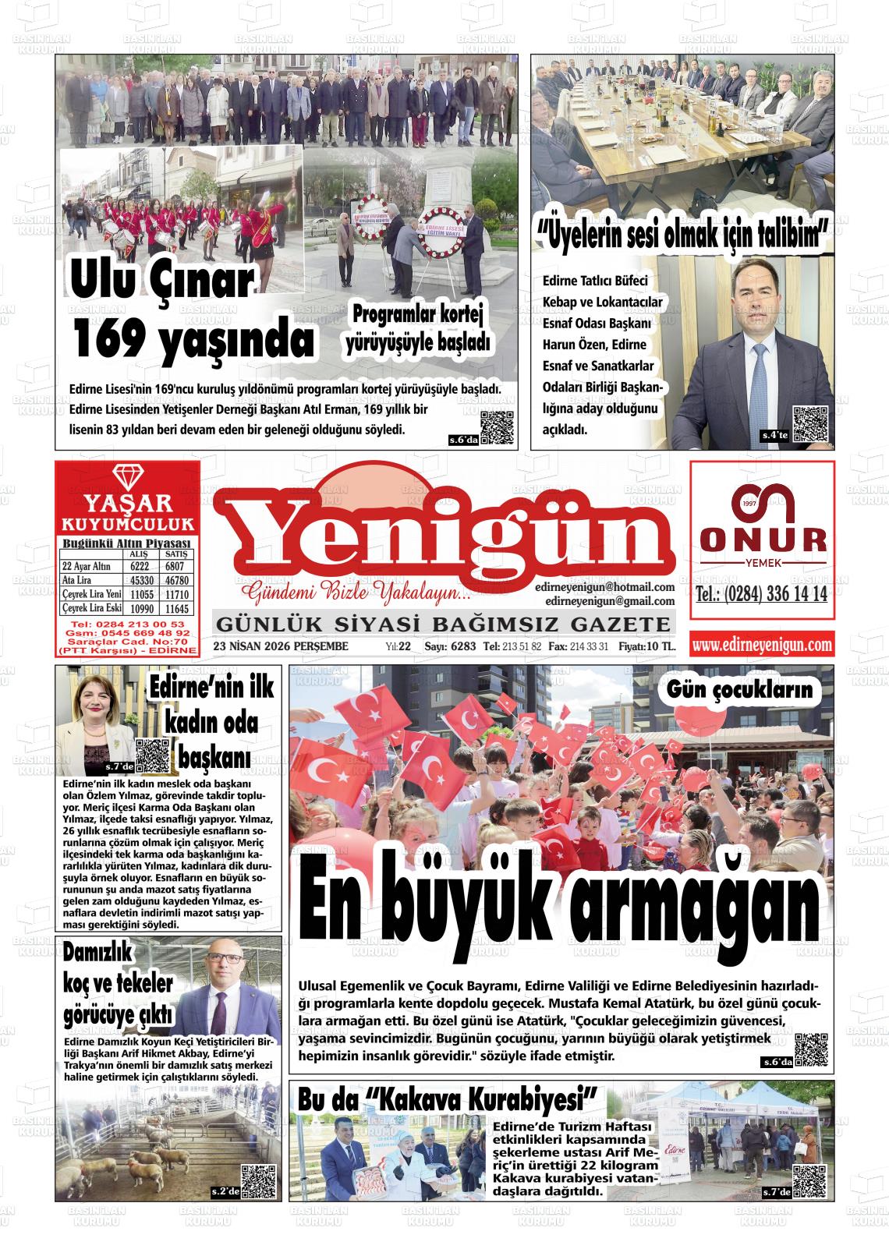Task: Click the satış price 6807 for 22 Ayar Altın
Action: [175, 567]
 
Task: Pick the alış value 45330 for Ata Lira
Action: [141, 581]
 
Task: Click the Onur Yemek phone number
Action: [761, 595]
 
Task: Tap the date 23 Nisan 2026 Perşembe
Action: [281, 646]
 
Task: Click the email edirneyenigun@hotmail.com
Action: [604, 587]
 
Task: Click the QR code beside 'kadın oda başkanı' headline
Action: [153, 755]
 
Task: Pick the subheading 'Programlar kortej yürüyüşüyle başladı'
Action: [417, 328]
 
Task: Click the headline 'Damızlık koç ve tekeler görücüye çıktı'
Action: [118, 983]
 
